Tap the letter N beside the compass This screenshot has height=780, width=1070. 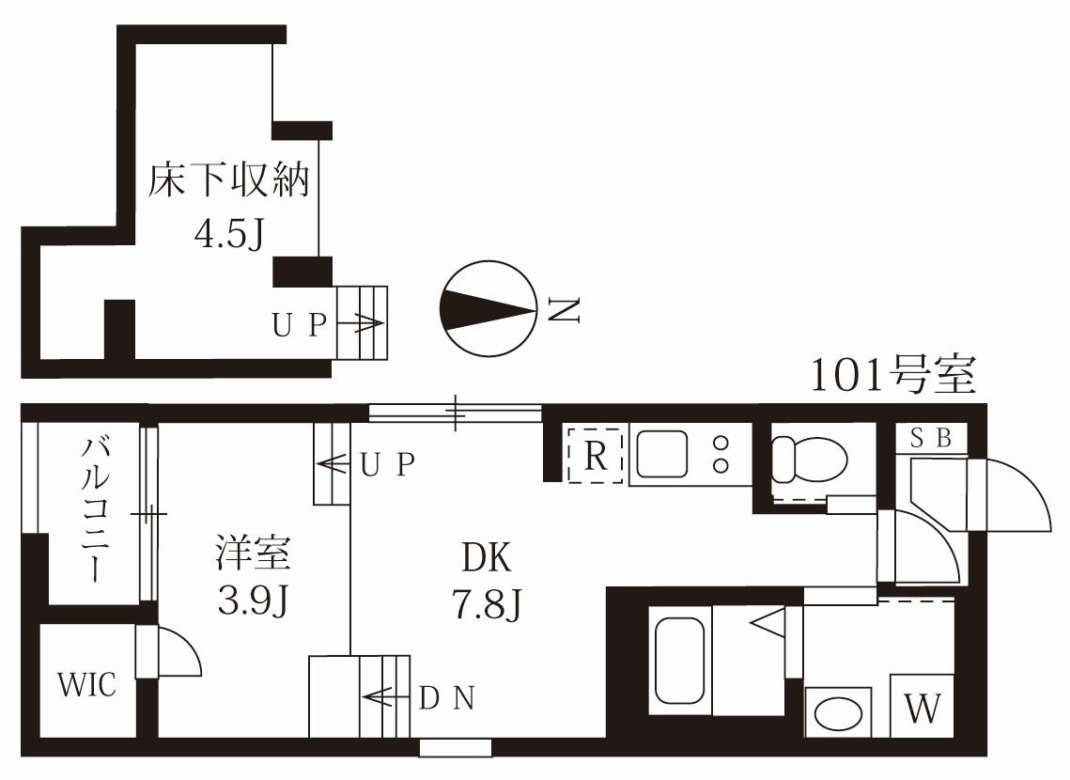pyautogui.click(x=565, y=310)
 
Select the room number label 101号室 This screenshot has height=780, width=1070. pyautogui.click(x=893, y=374)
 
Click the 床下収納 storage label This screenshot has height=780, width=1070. pyautogui.click(x=229, y=179)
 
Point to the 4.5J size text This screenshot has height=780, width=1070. pyautogui.click(x=229, y=235)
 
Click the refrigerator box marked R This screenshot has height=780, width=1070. pyautogui.click(x=595, y=455)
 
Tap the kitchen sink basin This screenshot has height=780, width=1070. pyautogui.click(x=661, y=454)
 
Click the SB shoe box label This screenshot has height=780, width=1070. pyautogui.click(x=931, y=437)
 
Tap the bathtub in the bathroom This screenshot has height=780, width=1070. pyautogui.click(x=679, y=661)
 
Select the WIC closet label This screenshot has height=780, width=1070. pyautogui.click(x=86, y=684)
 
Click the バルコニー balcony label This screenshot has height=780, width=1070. pyautogui.click(x=95, y=509)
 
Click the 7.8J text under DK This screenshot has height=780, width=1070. pyautogui.click(x=487, y=604)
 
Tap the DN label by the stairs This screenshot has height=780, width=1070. pyautogui.click(x=447, y=697)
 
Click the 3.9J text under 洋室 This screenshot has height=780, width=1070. pyautogui.click(x=253, y=600)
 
